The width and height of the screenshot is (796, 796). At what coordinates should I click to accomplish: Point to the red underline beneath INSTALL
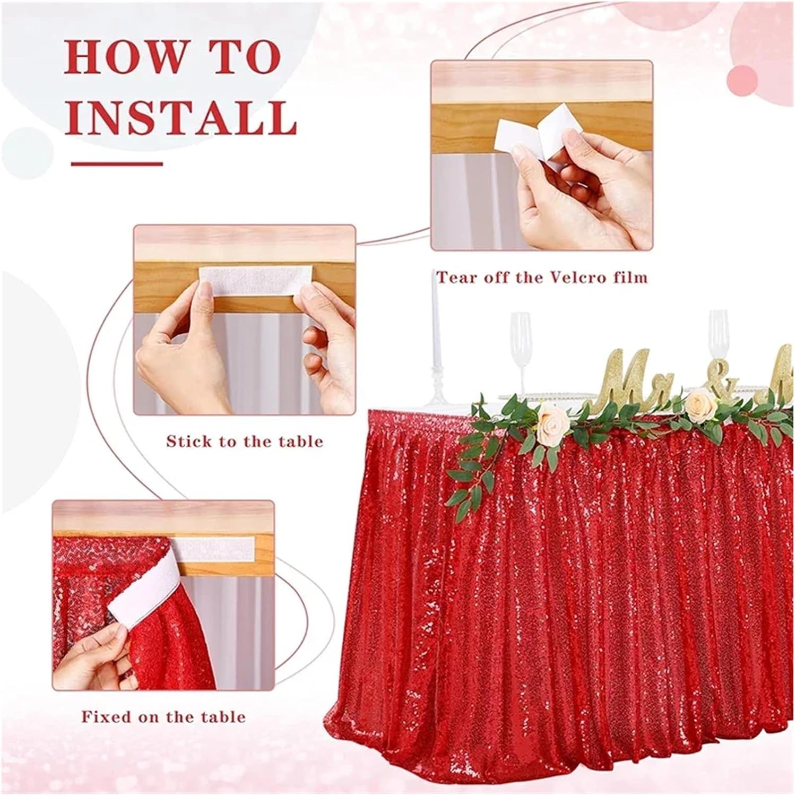pos(117,163)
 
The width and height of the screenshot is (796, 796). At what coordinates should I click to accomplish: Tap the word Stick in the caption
pos(189,441)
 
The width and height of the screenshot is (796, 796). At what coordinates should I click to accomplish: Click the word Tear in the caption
pos(454,277)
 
